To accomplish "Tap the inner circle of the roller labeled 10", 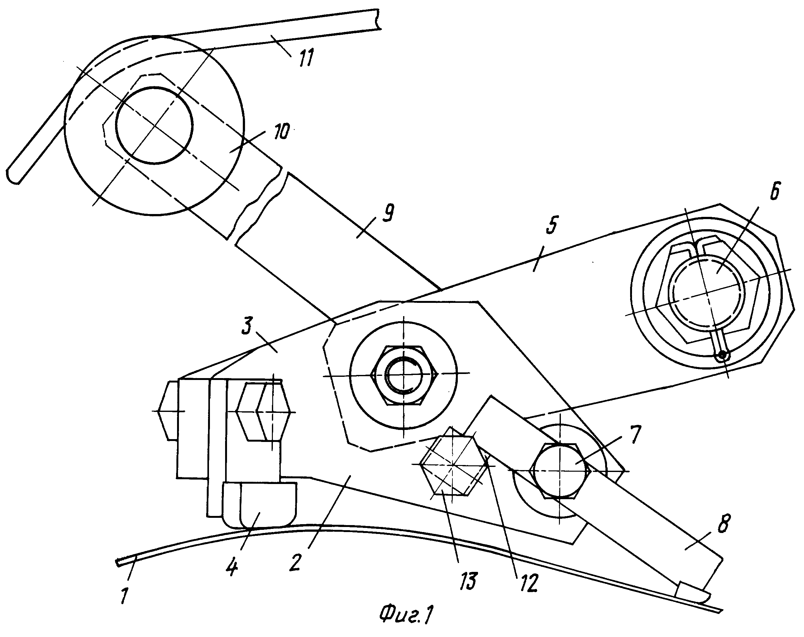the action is click(x=154, y=126).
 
